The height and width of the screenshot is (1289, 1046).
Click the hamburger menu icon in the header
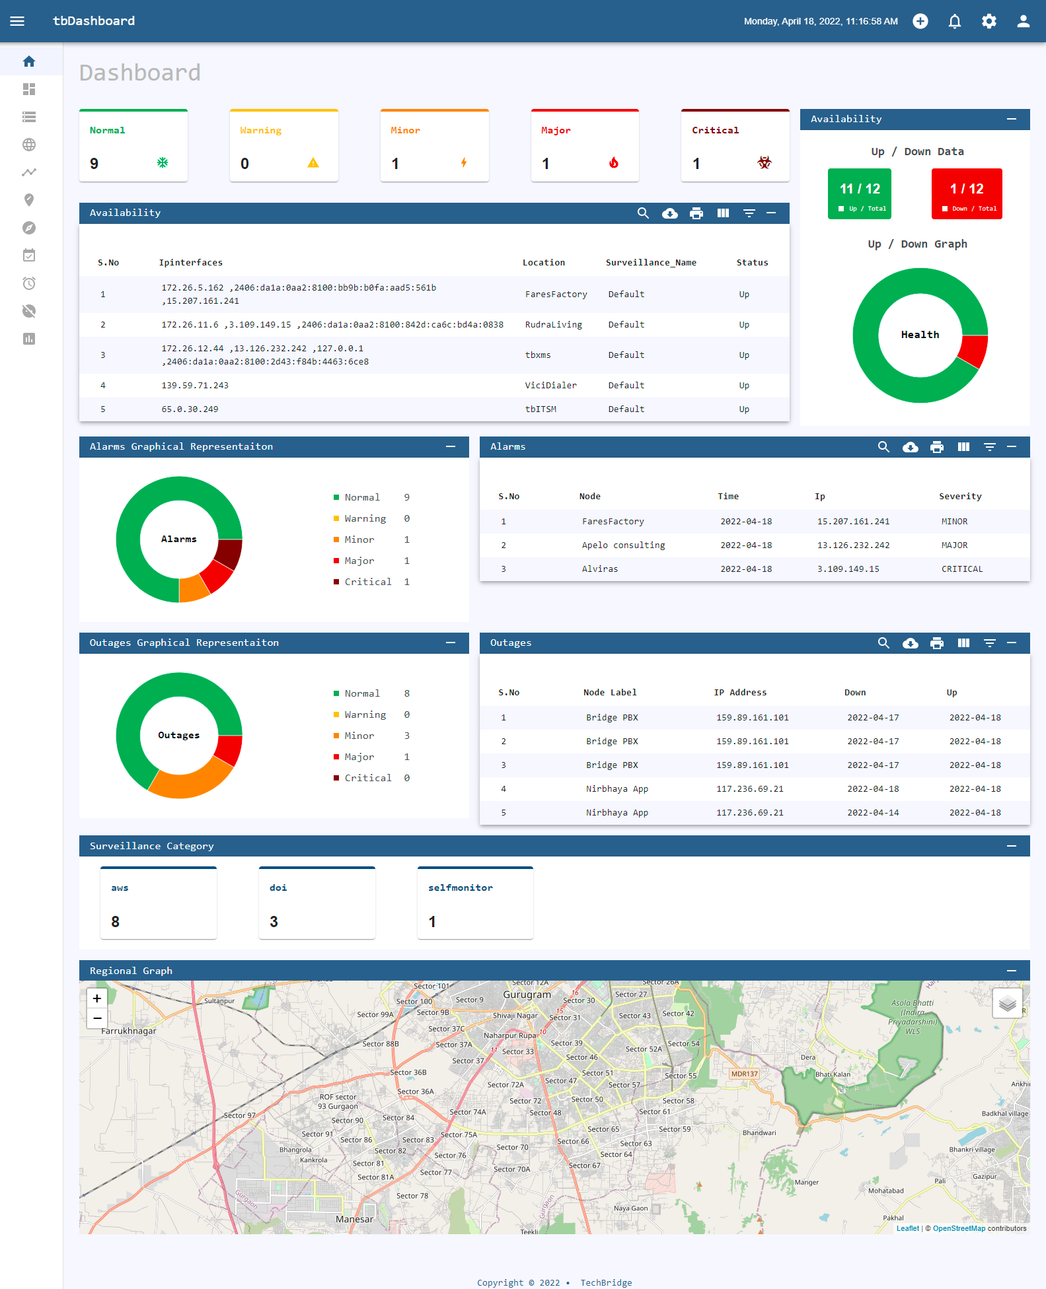[17, 21]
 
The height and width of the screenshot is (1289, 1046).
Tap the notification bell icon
[954, 21]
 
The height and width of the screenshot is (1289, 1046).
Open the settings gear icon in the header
[989, 21]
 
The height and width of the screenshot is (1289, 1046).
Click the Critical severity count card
[735, 146]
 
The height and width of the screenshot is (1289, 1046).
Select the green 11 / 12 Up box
[859, 193]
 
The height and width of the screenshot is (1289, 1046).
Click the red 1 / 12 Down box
[966, 193]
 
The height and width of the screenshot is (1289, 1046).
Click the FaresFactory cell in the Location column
[556, 295]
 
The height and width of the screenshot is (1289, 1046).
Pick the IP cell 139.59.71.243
[195, 386]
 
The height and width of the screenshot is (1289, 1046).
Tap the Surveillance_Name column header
[650, 263]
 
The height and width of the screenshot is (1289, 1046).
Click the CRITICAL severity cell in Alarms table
[961, 569]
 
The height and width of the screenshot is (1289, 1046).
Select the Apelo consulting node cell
[623, 545]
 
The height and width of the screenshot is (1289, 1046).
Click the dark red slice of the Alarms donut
[229, 554]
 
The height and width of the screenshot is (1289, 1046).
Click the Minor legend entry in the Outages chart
[359, 736]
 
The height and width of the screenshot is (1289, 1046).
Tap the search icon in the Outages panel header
[883, 643]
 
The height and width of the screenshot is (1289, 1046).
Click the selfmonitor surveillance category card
[475, 903]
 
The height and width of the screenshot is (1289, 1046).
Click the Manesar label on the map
[354, 1219]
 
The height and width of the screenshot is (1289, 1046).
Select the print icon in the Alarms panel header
[936, 447]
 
